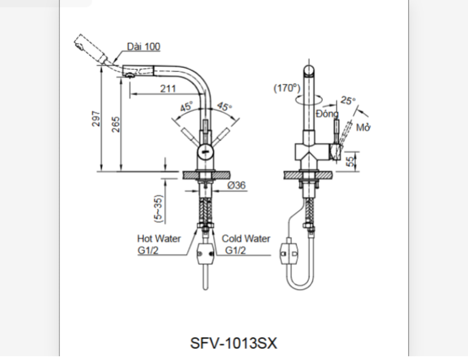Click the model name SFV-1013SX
tap(233, 343)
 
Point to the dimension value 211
tap(167, 89)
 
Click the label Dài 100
tap(143, 47)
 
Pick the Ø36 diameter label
tap(236, 185)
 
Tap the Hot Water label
tap(158, 238)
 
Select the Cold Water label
tap(246, 238)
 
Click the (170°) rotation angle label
tap(287, 88)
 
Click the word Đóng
tap(326, 114)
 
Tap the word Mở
tap(364, 129)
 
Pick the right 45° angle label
tap(224, 107)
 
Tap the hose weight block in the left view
tap(205, 254)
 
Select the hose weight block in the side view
tap(290, 253)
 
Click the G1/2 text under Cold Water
tap(236, 250)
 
